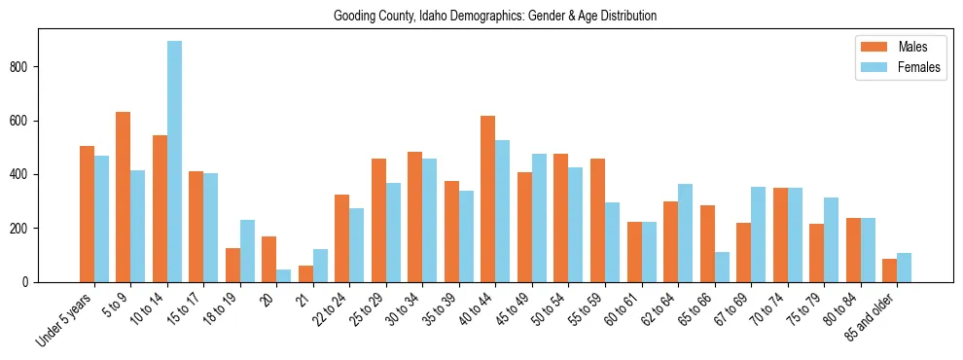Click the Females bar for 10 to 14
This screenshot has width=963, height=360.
click(174, 162)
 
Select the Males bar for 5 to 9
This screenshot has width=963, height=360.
click(124, 197)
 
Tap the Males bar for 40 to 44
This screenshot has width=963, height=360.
click(488, 198)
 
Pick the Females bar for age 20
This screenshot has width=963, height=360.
click(284, 275)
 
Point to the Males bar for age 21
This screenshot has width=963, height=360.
click(305, 273)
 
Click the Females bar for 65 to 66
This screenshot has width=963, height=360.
click(722, 267)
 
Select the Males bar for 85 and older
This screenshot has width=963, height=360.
click(889, 270)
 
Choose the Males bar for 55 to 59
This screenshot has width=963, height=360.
click(597, 220)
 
